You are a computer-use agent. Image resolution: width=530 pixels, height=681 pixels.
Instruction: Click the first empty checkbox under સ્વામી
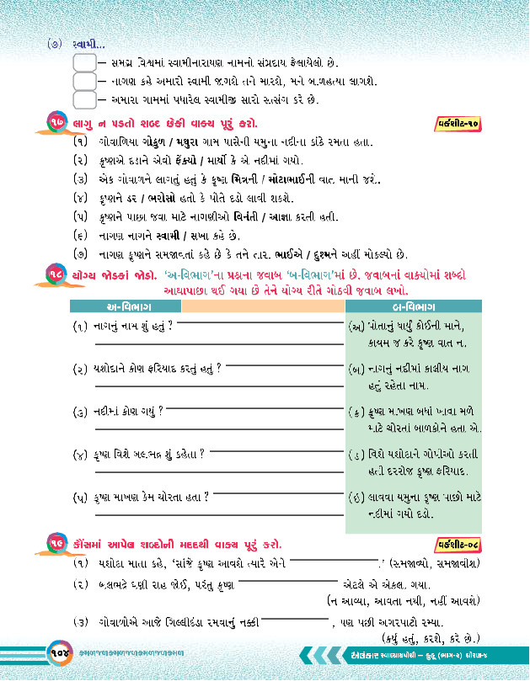(84, 62)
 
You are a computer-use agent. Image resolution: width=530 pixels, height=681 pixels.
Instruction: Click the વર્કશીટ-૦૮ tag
(460, 542)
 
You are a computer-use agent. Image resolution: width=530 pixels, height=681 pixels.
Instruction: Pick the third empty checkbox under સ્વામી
(84, 99)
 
